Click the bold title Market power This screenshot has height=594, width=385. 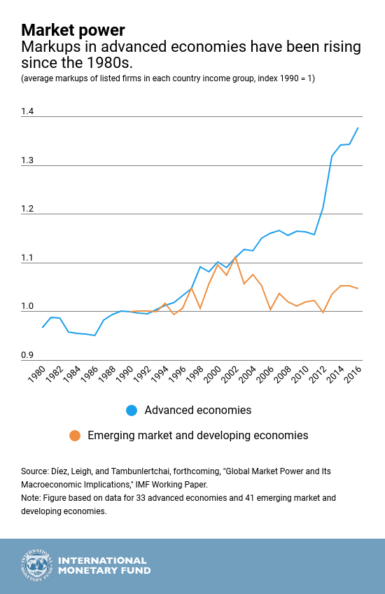pyautogui.click(x=73, y=30)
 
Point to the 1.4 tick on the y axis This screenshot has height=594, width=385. pyautogui.click(x=28, y=111)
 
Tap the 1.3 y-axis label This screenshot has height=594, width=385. pyautogui.click(x=28, y=160)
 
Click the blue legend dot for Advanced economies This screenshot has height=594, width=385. pyautogui.click(x=132, y=410)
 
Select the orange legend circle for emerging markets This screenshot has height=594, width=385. pyautogui.click(x=75, y=436)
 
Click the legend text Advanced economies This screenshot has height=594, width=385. pyautogui.click(x=197, y=410)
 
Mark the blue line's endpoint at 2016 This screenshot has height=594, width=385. pyautogui.click(x=358, y=127)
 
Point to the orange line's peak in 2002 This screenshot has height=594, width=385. pyautogui.click(x=235, y=257)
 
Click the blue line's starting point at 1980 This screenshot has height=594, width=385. pyautogui.click(x=43, y=327)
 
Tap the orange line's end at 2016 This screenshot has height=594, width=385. pyautogui.click(x=358, y=289)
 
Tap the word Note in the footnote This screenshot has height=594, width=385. pyautogui.click(x=31, y=498)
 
